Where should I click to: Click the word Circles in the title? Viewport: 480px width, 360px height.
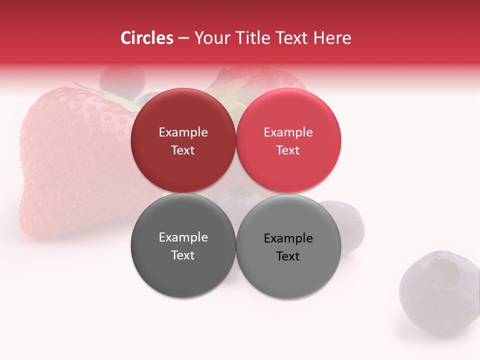[x=147, y=38]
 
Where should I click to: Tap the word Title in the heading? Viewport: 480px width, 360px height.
[x=252, y=38]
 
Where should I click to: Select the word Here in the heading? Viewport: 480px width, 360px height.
[x=332, y=38]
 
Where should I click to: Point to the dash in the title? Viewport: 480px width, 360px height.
[x=183, y=38]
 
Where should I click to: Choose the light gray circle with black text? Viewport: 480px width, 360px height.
[x=288, y=277]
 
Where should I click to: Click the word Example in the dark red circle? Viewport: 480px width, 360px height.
[x=183, y=132]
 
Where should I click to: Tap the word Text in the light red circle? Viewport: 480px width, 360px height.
[x=288, y=150]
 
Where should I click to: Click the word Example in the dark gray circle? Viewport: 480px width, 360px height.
[x=183, y=237]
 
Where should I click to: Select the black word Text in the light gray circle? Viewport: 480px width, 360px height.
[x=288, y=256]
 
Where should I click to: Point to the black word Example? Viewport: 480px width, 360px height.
[x=288, y=238]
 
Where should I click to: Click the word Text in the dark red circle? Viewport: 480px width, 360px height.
[x=183, y=150]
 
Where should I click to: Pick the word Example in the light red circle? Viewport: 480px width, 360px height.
[x=288, y=132]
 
